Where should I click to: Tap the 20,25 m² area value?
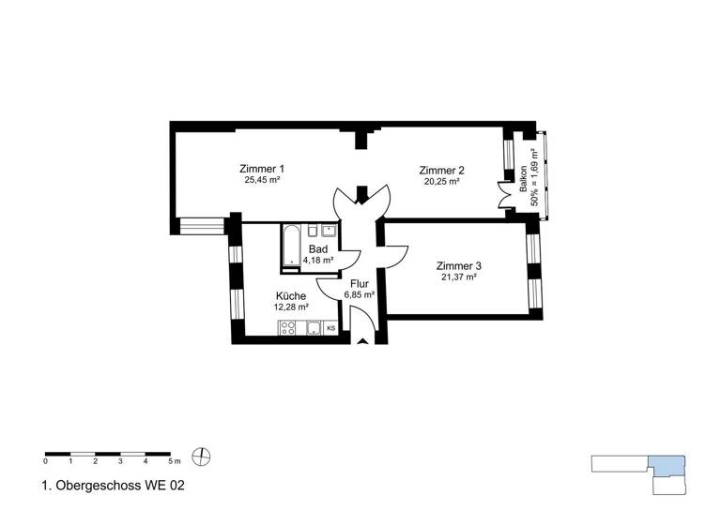(441, 182)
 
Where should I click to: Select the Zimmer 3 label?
(458, 265)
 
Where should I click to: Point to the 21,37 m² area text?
(458, 277)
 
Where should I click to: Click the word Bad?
(318, 249)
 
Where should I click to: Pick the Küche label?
(290, 295)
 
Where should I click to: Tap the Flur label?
(359, 283)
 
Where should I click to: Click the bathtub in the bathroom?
(290, 246)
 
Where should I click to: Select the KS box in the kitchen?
(330, 328)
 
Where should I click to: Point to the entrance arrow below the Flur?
(362, 342)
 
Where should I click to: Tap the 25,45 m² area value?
(263, 180)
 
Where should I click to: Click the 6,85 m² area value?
(359, 294)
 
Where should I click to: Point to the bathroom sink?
(328, 230)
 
